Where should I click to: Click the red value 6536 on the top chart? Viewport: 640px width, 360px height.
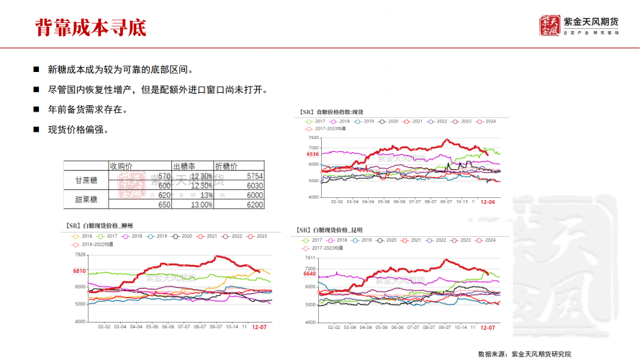coord(312,154)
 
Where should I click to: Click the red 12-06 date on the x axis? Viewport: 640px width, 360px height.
coord(487,202)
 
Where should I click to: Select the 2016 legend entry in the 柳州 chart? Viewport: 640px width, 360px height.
coord(83,236)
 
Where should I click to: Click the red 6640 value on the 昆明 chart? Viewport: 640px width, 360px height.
coord(310,274)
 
